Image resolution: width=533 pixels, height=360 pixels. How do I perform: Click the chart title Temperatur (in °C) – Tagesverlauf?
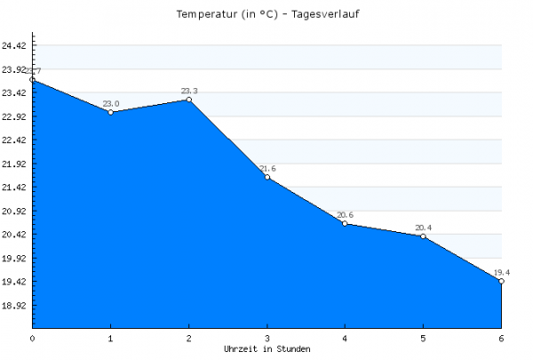point(266,15)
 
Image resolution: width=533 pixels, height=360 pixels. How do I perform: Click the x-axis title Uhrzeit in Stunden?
point(266,349)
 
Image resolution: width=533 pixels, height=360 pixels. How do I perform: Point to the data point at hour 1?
point(111,112)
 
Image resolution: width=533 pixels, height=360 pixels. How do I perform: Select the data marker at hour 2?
point(189,100)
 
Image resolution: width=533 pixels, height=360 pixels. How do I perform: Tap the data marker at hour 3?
point(267,178)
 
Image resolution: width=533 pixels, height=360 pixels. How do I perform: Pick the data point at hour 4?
point(346,224)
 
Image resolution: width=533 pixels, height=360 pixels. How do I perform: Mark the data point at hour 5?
point(424,236)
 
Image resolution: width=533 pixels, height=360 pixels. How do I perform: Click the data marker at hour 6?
point(502,281)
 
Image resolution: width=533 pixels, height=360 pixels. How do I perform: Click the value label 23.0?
point(111,103)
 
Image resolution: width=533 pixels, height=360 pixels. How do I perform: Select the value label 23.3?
point(189,91)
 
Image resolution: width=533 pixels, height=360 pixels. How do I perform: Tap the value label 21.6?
point(267,169)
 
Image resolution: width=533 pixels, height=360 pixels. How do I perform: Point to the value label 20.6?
point(346,215)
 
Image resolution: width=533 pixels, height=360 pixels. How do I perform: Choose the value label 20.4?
point(424,228)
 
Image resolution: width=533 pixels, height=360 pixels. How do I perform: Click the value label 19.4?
point(502,272)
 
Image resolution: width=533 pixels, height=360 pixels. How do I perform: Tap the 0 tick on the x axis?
point(33,339)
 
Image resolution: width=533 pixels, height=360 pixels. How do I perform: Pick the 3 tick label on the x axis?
point(267,339)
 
